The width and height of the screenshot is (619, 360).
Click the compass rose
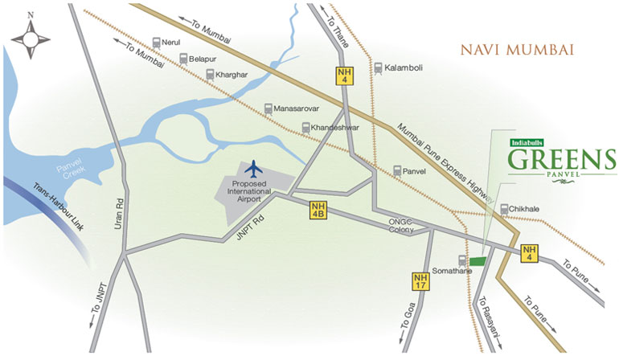tap(31, 36)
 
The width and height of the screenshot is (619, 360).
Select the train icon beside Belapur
tap(184, 59)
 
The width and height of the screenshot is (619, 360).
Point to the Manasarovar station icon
tap(269, 108)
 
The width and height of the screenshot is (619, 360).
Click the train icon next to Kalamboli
tap(378, 68)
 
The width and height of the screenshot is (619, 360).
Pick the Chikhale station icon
tap(505, 210)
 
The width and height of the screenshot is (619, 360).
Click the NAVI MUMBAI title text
tap(517, 50)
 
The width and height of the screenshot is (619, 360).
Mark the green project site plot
tap(478, 261)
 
